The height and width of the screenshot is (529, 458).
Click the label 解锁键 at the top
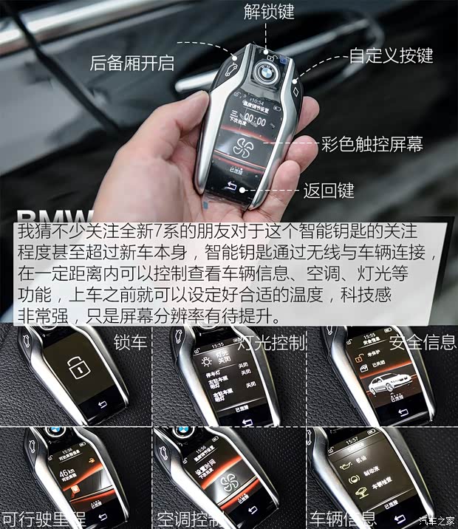point(268,13)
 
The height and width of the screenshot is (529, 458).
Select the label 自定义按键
point(391,55)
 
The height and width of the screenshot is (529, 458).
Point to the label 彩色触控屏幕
point(372,144)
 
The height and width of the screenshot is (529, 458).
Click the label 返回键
point(329,191)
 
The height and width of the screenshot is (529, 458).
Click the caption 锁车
point(129,343)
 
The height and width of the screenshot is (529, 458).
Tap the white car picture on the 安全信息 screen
point(384,383)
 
